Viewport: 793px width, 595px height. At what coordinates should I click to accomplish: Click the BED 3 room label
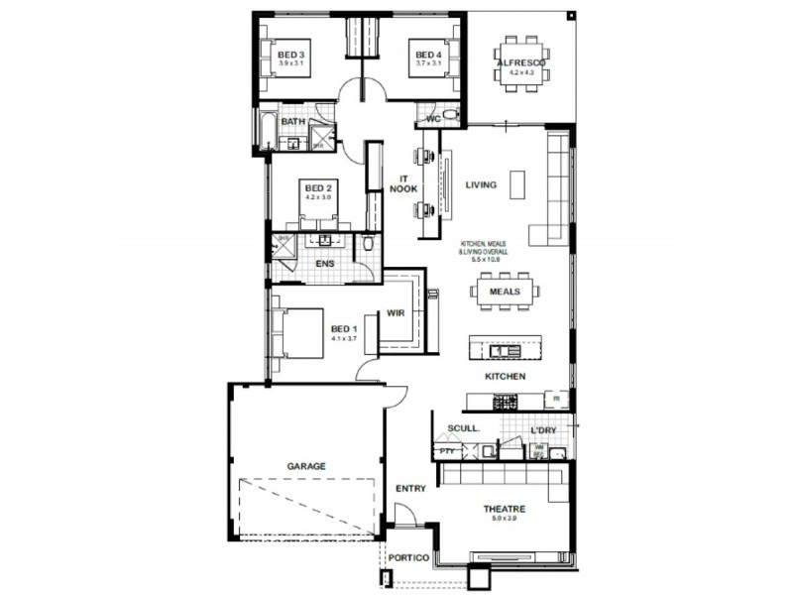[290, 55]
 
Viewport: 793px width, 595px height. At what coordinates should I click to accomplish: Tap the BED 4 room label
[427, 55]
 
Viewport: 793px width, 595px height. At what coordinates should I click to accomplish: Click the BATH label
[292, 121]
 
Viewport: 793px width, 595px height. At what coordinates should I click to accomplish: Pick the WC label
[432, 119]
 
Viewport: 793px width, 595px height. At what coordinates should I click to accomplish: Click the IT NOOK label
[402, 183]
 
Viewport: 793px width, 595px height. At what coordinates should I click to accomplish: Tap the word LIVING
[481, 183]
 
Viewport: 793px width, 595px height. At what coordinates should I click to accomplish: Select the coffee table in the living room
[517, 184]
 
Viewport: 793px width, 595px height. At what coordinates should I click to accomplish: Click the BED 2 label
[317, 187]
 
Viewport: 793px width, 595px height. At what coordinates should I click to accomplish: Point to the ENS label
[324, 264]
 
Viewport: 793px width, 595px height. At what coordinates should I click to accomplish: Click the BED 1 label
[343, 328]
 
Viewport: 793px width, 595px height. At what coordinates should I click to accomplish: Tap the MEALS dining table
[505, 292]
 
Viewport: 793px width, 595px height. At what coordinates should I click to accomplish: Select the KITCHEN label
[505, 377]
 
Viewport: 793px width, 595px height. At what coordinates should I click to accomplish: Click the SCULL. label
[463, 428]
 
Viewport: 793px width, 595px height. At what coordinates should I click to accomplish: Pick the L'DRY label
[543, 429]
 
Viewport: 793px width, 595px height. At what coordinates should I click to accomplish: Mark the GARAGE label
[306, 465]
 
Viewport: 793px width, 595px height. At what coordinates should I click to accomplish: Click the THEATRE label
[504, 509]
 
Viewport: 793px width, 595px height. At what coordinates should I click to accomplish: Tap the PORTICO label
[408, 558]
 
